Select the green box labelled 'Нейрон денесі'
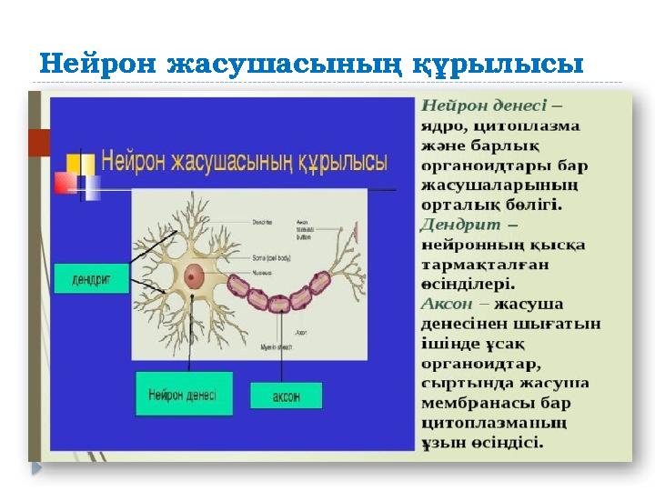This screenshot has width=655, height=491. coord(182,395)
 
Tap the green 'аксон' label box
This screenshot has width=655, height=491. coord(286,396)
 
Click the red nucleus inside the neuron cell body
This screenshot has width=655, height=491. coord(194,277)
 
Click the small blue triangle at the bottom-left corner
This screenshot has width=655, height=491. coord(36,468)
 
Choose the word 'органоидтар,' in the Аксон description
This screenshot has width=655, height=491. coord(480,364)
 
